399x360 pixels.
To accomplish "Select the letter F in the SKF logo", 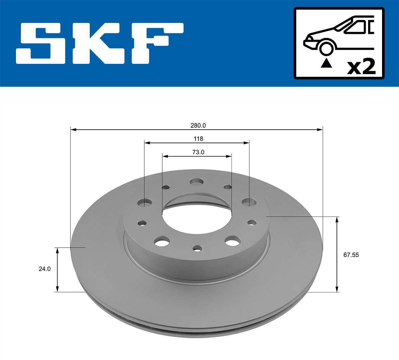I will pos(156,43).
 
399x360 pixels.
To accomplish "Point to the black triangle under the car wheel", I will pos(326,63).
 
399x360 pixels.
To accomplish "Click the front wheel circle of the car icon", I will pos(326,48).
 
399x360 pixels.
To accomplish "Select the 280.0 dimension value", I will pos(198,125).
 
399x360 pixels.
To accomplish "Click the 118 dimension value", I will pos(198,139).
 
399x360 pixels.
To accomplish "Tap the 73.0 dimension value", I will pos(198,152).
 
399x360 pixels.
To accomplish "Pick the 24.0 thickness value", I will pos(45,269).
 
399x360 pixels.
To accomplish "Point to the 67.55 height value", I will pos(351,255).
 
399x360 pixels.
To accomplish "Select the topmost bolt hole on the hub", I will pos(197,182).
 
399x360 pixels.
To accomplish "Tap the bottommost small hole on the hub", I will pos(198,248).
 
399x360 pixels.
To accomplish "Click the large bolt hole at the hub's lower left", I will pos(162,241).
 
